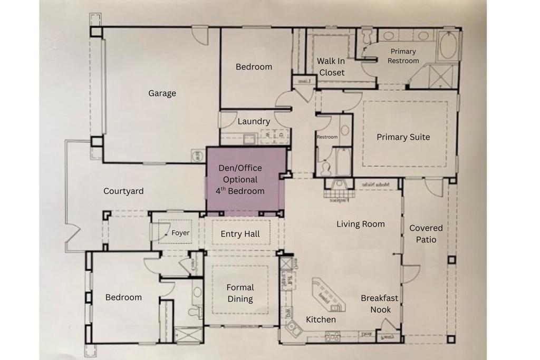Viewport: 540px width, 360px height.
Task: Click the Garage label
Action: coord(162,93)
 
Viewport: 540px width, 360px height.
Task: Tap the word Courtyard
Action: coord(123,191)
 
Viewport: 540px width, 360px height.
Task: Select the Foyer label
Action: coord(180,233)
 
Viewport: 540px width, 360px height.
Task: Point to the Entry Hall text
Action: coord(240,234)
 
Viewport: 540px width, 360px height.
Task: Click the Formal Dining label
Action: coord(240,293)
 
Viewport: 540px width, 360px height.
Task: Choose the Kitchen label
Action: coord(321,319)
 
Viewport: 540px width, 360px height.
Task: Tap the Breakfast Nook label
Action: coord(380,304)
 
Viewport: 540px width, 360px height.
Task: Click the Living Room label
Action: coord(361,224)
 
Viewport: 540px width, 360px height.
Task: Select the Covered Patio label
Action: coord(426,233)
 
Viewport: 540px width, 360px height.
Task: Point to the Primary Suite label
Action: coord(403,137)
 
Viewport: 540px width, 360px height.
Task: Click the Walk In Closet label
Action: coord(331,67)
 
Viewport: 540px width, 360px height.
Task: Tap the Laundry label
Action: coord(254,121)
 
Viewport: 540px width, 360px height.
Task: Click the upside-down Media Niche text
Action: coord(375,185)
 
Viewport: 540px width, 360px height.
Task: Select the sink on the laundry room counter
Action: coord(249,139)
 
